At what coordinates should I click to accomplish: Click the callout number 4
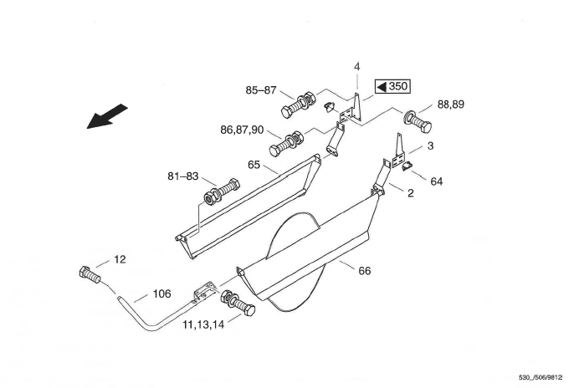click(357, 67)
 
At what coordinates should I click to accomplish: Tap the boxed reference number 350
click(392, 86)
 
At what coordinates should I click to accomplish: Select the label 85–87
click(261, 90)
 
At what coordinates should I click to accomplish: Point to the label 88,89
click(451, 105)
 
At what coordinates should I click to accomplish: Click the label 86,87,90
click(242, 130)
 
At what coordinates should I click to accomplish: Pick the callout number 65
click(254, 165)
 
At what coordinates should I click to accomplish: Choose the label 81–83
click(183, 176)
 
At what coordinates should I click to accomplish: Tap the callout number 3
click(430, 145)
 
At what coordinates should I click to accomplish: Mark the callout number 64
click(437, 181)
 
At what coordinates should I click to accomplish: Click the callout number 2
click(410, 193)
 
